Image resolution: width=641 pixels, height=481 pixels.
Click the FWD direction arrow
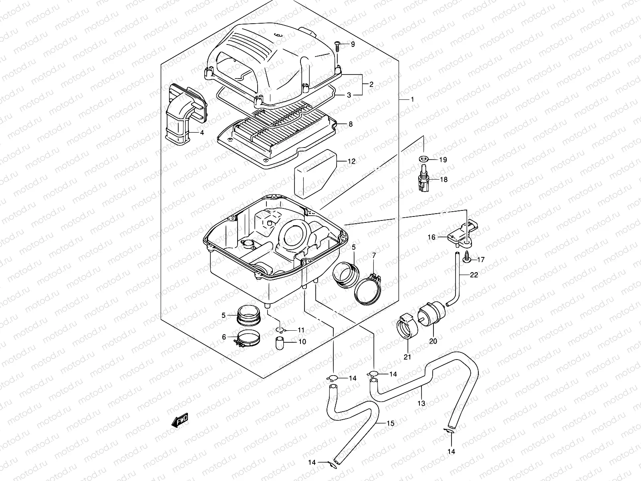click(x=179, y=421)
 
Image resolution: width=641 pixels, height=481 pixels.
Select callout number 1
click(x=412, y=99)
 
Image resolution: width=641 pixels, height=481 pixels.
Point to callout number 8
click(x=351, y=124)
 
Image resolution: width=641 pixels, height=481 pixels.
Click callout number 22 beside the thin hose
click(x=474, y=275)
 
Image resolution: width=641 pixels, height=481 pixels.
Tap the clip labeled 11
click(x=281, y=330)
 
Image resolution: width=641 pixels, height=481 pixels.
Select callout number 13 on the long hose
click(x=421, y=404)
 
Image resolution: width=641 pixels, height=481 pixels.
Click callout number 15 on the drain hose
click(x=391, y=423)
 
